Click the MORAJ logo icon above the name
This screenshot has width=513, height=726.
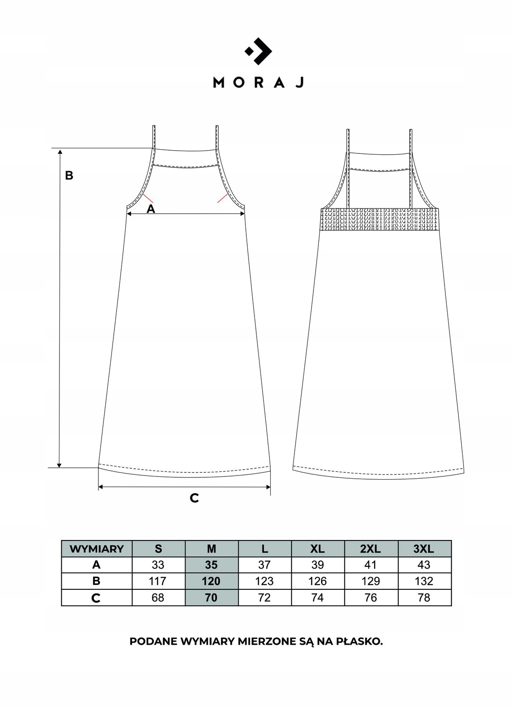coord(258,51)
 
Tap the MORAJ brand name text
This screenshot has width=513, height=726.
coord(258,83)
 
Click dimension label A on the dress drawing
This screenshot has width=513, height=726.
coord(151,209)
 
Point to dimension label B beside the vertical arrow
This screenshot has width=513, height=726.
coord(69,175)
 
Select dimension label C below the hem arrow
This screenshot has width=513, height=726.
coord(194,498)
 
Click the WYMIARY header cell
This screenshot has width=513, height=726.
coord(97,549)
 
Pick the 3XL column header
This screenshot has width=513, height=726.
coord(424,549)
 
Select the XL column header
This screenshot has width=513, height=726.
coord(317,549)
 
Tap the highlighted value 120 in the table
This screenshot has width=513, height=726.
coord(211,581)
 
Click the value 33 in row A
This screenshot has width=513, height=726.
coord(158,565)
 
